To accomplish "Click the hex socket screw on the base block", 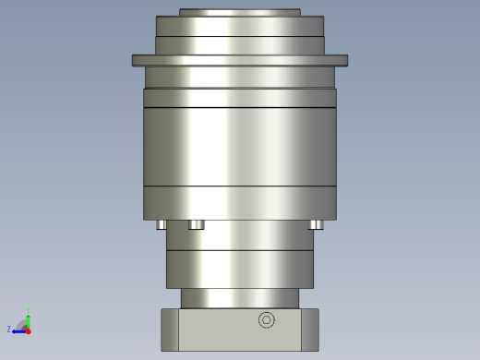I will [267, 320].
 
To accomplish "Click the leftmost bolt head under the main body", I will [162, 224].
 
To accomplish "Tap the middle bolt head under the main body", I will [196, 224].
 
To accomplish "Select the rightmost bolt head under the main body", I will [316, 224].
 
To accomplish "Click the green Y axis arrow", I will [28, 318].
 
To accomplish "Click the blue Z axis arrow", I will [18, 330].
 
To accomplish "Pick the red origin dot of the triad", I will [28, 330].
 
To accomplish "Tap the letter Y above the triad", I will [28, 309].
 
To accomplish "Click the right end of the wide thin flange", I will [342, 60].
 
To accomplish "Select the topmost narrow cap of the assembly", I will [239, 12].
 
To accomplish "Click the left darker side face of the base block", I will [170, 330].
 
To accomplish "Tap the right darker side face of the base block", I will [309, 330].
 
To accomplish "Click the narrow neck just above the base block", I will [239, 298].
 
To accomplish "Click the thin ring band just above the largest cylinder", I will [239, 98].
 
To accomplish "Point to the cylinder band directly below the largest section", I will [239, 202].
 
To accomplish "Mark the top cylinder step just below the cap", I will [239, 26].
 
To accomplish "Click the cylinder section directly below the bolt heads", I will [239, 235].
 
